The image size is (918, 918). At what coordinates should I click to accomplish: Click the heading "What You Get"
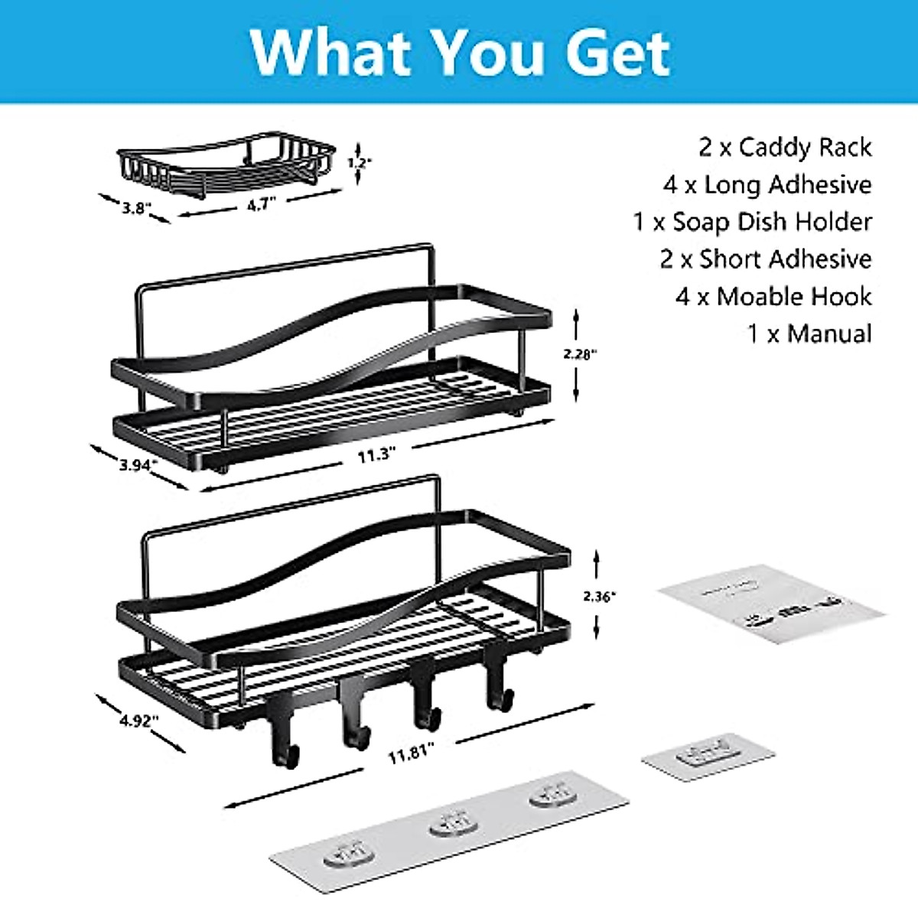(x=460, y=52)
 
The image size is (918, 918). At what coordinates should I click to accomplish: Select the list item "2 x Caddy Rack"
(x=784, y=147)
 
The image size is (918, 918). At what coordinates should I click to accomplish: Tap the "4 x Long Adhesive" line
(x=767, y=184)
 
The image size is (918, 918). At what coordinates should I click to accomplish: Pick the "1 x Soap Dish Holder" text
(x=752, y=222)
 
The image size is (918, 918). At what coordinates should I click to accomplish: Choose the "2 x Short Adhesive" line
(x=765, y=259)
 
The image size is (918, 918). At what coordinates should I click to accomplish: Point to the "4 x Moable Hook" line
(x=773, y=296)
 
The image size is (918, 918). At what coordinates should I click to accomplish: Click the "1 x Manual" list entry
(x=809, y=334)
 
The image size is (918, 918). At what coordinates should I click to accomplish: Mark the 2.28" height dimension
(x=580, y=353)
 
